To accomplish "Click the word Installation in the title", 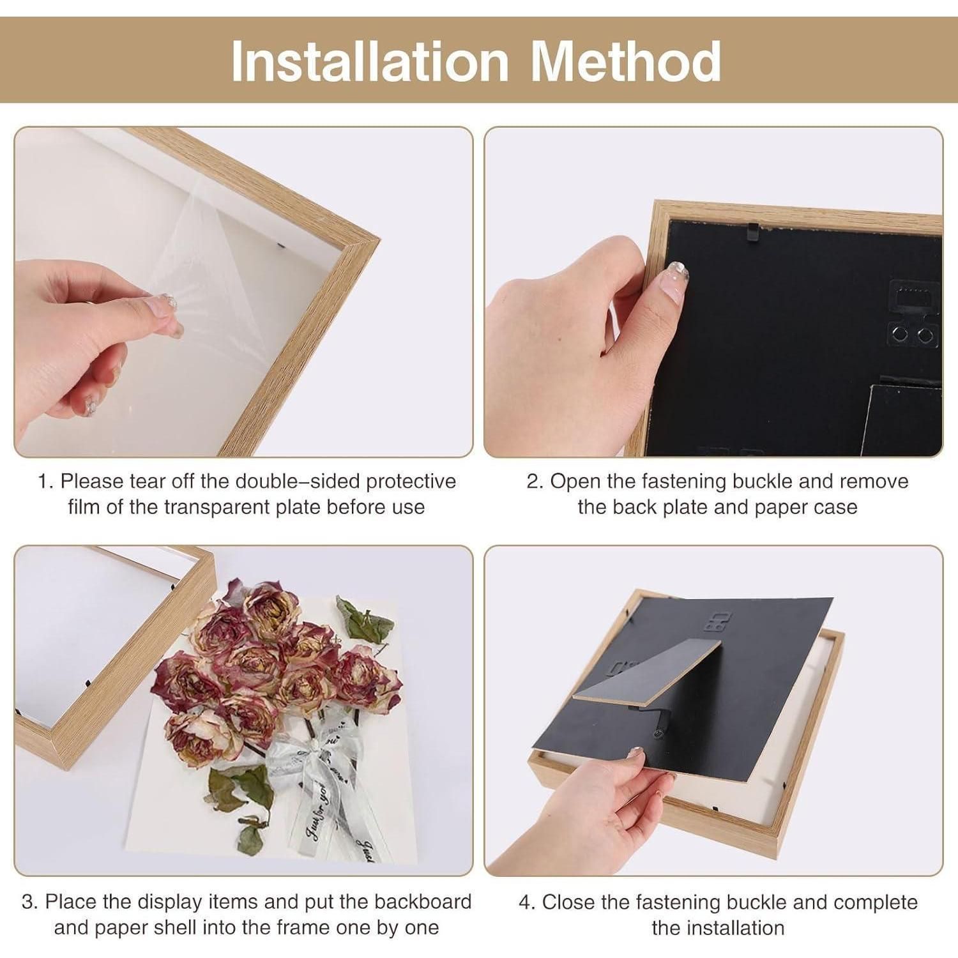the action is pyautogui.click(x=370, y=61).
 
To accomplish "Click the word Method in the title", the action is pyautogui.click(x=626, y=61).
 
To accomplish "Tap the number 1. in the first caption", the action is pyautogui.click(x=45, y=481).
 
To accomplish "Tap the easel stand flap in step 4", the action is pyautogui.click(x=645, y=677).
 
